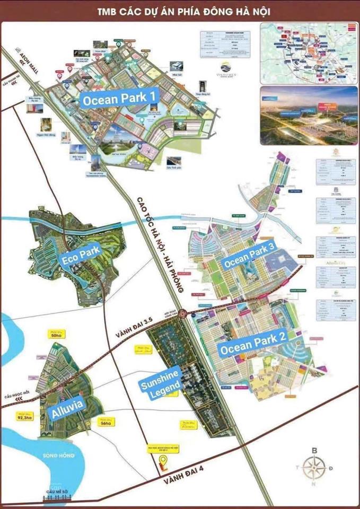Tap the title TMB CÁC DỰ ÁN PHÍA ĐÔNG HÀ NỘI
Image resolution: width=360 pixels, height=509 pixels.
tap(180, 11)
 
